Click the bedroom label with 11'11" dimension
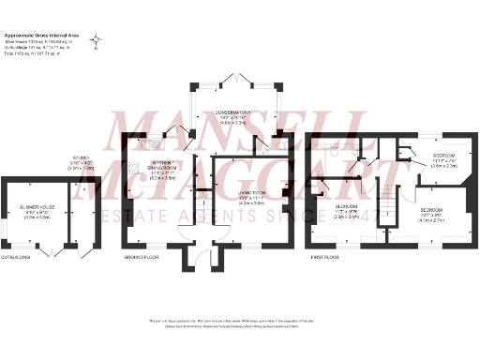(x=444, y=156)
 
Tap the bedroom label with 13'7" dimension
(x=432, y=210)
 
